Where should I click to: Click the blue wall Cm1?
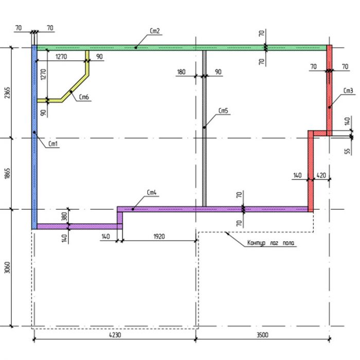(34, 137)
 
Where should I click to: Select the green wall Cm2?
(182, 48)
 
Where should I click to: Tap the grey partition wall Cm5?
(204, 129)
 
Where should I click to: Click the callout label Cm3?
(348, 91)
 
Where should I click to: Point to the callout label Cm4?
(152, 192)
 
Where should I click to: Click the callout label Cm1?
(53, 144)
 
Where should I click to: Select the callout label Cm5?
(223, 111)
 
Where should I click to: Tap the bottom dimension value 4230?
(115, 335)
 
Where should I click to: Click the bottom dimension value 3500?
(262, 335)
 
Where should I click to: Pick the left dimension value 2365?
(7, 93)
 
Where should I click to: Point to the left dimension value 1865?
(7, 174)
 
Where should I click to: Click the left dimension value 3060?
(7, 267)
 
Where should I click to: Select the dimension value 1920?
(159, 237)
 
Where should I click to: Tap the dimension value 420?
(321, 175)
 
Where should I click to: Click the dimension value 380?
(64, 217)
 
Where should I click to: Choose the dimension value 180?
(181, 72)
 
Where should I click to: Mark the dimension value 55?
(347, 151)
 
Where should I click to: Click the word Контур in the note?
(256, 243)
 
